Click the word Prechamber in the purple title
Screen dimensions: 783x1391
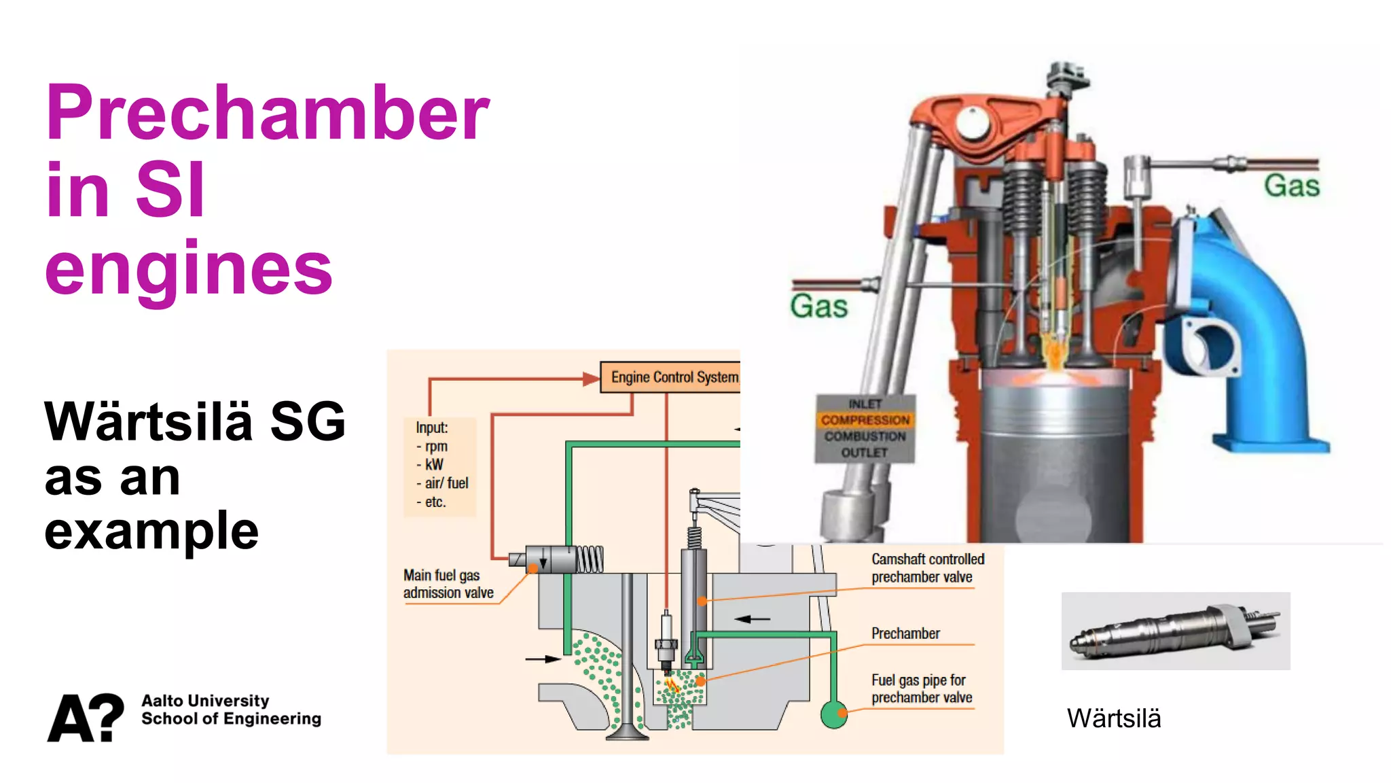267,113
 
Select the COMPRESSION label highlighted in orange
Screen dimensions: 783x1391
865,420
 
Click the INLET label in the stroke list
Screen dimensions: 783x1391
865,404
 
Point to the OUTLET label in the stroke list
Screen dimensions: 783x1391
865,453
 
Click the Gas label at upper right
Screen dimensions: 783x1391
1291,186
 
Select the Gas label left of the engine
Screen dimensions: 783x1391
819,307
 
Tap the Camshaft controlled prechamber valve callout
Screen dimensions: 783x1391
927,568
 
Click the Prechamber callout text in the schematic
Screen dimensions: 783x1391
905,633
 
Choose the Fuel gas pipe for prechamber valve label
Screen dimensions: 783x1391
921,689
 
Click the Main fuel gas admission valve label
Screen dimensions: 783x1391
448,584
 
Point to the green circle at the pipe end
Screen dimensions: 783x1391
834,714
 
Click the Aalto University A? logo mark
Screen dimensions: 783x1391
86,718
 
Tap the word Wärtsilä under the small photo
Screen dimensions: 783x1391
1113,718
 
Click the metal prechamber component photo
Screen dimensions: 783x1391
1175,631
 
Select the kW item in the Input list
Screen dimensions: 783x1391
433,465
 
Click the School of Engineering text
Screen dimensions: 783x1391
231,719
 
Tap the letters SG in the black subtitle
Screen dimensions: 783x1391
308,422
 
